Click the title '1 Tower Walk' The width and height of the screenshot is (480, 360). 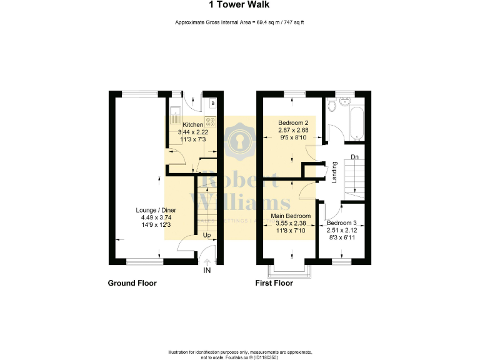pyautogui.click(x=240, y=6)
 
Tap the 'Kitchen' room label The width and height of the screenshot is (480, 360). pyautogui.click(x=192, y=125)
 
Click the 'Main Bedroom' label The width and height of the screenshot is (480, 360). pyautogui.click(x=291, y=216)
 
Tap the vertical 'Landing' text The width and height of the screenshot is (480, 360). pyautogui.click(x=334, y=172)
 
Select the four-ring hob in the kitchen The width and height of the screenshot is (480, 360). pyautogui.click(x=212, y=122)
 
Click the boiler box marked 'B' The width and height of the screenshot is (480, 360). pyautogui.click(x=212, y=103)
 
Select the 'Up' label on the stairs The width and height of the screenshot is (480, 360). pyautogui.click(x=206, y=236)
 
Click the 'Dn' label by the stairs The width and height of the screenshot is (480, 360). pyautogui.click(x=354, y=156)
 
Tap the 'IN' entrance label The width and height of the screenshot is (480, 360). pyautogui.click(x=207, y=271)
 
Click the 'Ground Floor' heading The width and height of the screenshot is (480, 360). pyautogui.click(x=132, y=283)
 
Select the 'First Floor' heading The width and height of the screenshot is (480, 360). pyautogui.click(x=274, y=283)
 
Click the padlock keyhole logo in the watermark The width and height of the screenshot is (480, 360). pyautogui.click(x=240, y=143)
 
